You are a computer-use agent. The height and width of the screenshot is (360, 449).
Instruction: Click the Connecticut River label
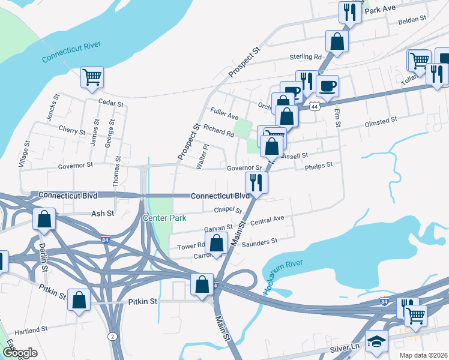click(70, 52)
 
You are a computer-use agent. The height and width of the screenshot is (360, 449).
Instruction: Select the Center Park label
click(164, 217)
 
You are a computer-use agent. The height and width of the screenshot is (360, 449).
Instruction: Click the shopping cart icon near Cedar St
click(92, 77)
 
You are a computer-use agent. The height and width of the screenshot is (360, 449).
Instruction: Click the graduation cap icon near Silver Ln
click(377, 341)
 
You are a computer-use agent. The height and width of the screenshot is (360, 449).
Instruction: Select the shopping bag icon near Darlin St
click(44, 219)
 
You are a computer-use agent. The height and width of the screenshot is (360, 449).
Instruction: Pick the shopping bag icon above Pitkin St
click(79, 300)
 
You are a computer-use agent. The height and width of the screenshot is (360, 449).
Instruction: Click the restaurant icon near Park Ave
click(349, 12)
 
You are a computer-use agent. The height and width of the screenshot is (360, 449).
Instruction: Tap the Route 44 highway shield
click(315, 106)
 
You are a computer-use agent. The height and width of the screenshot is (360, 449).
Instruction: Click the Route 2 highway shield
click(112, 336)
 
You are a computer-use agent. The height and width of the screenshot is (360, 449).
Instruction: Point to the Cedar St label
click(110, 103)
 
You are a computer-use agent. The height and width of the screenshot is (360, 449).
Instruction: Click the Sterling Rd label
click(306, 57)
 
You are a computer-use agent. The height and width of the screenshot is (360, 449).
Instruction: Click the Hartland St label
click(31, 330)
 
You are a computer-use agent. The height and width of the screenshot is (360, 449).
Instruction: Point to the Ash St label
click(98, 214)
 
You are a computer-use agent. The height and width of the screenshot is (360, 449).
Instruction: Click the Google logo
click(20, 353)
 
